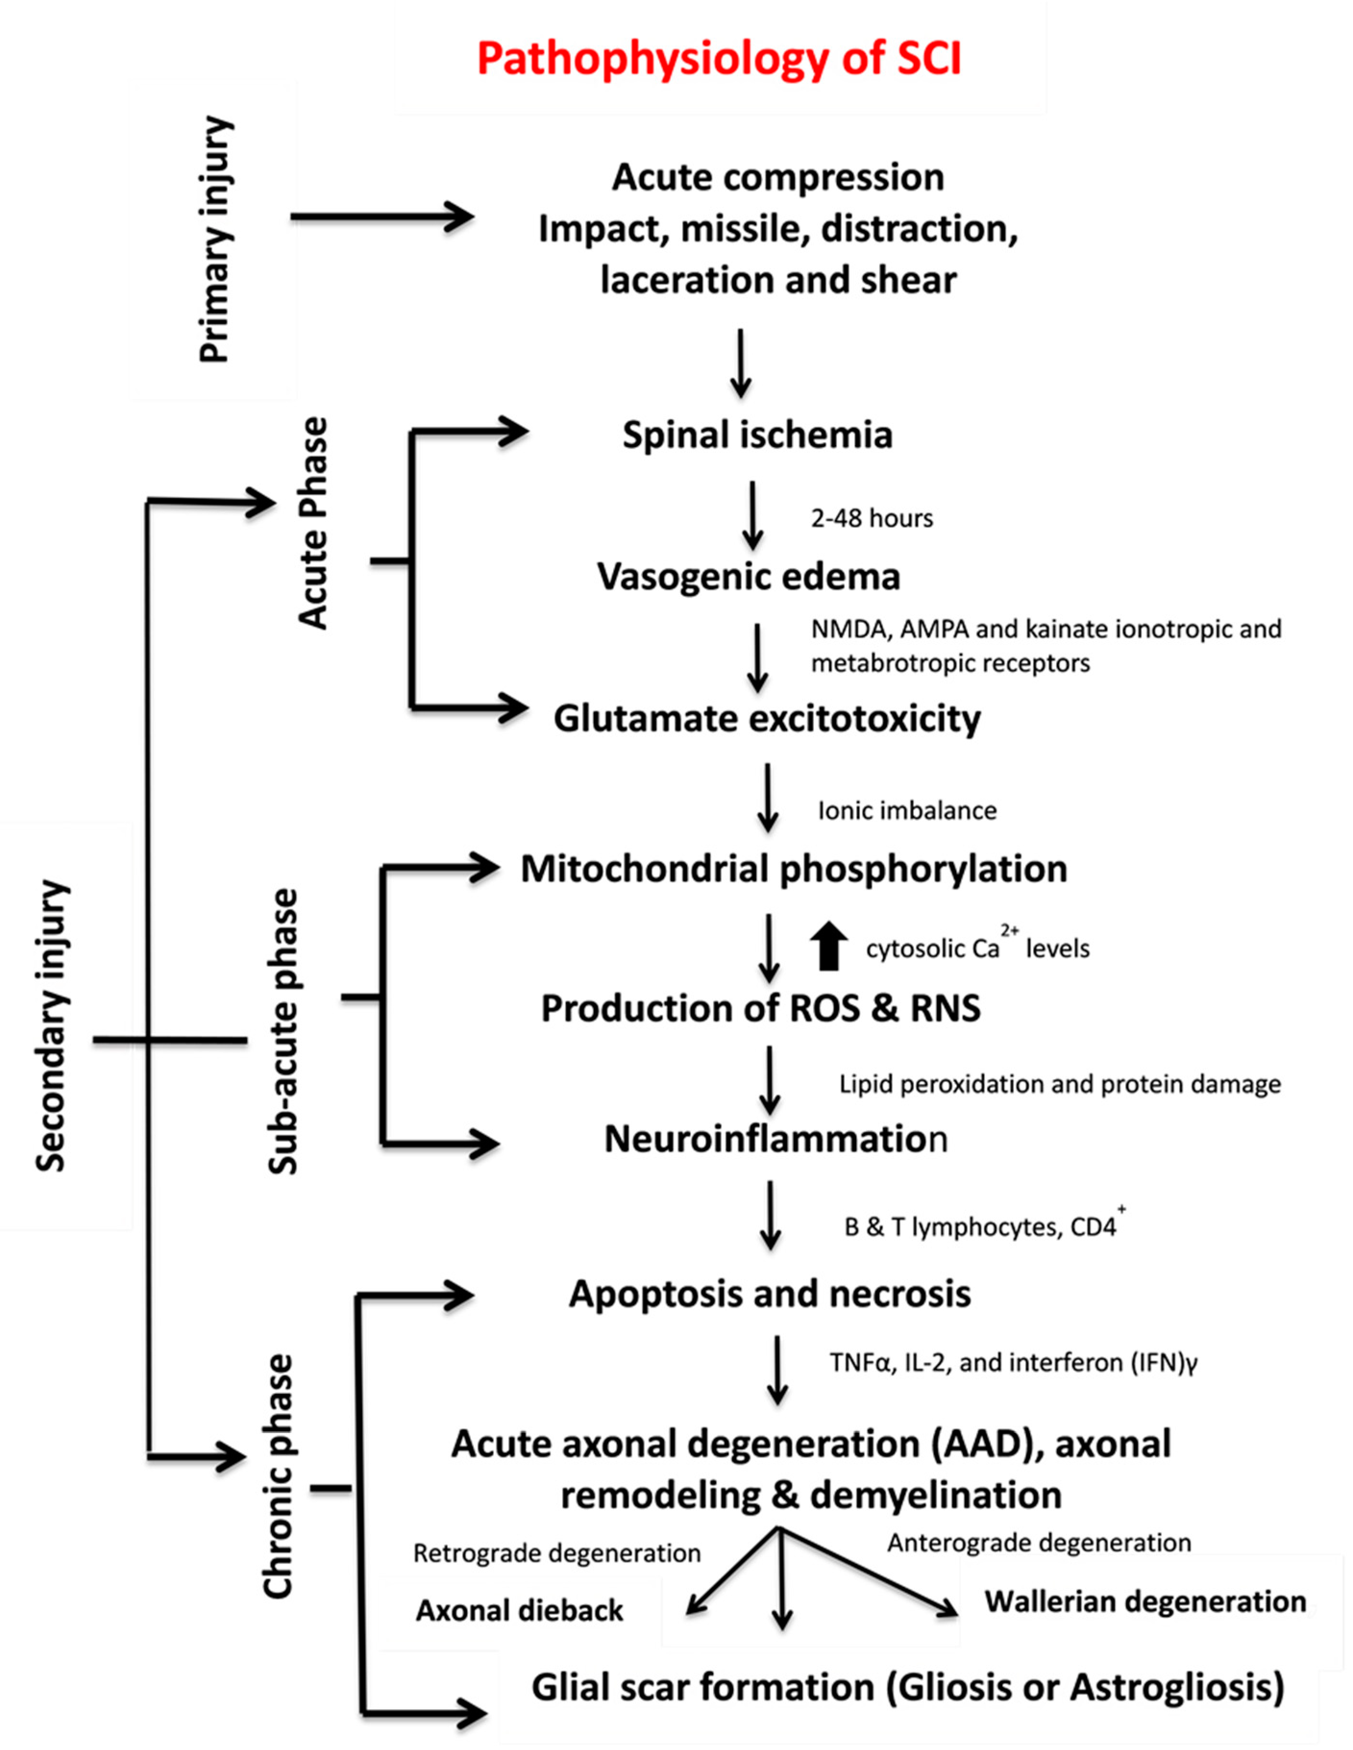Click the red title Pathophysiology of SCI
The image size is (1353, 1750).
(x=719, y=59)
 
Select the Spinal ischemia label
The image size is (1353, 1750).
(x=757, y=435)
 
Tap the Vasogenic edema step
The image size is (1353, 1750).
(x=748, y=577)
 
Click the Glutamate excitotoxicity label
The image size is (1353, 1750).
(x=767, y=719)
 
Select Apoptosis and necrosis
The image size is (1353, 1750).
(x=769, y=1294)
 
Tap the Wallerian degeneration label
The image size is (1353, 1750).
(x=1145, y=1601)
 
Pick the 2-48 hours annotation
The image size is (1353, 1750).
(x=872, y=519)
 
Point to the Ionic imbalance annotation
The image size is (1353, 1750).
(x=907, y=810)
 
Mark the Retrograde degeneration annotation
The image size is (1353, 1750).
(x=557, y=1553)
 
